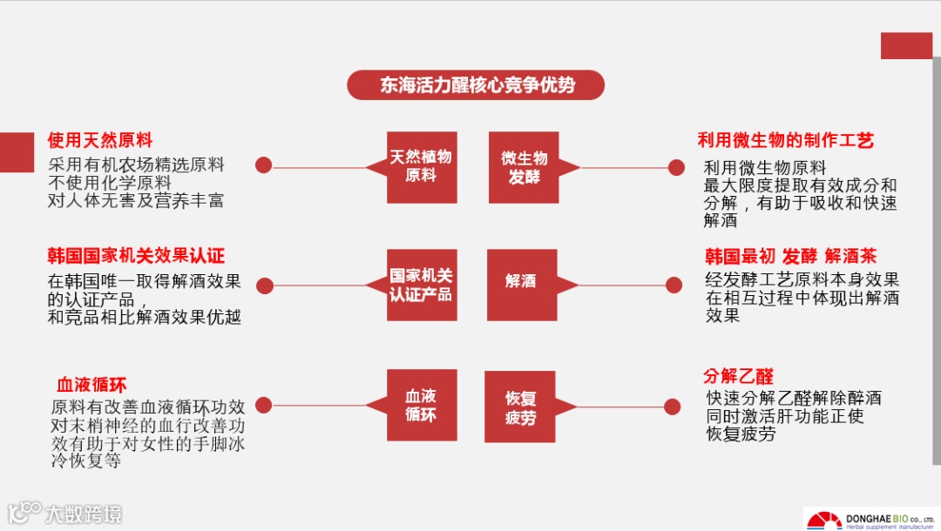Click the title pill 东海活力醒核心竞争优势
(476, 85)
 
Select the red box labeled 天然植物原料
(422, 167)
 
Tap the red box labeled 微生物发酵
(524, 167)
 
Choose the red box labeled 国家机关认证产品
(422, 285)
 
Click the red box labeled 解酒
(520, 283)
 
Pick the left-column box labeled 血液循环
(422, 405)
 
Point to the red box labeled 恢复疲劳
(520, 407)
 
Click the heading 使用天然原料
(100, 140)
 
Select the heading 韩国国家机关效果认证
(136, 256)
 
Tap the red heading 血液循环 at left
(91, 384)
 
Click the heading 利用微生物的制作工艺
(785, 140)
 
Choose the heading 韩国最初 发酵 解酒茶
(790, 256)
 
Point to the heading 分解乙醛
(738, 377)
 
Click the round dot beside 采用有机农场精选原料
(263, 165)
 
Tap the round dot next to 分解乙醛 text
(673, 407)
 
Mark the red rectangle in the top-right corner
(906, 45)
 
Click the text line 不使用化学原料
(110, 183)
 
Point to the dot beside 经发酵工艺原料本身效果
(674, 285)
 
